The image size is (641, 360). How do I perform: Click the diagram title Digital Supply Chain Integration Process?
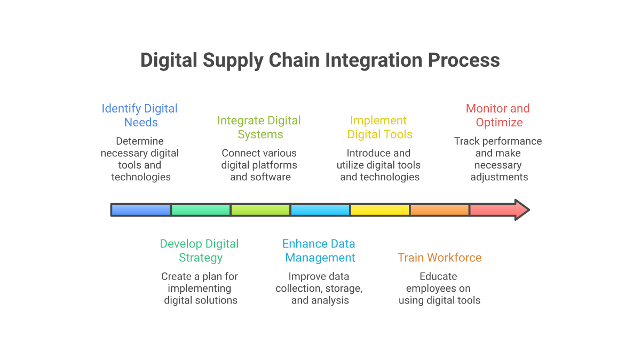(x=320, y=60)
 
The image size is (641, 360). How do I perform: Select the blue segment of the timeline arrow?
(x=141, y=210)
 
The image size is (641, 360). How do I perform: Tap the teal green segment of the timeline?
(x=201, y=210)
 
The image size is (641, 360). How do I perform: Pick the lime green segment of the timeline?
(x=261, y=210)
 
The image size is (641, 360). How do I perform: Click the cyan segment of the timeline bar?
(x=321, y=210)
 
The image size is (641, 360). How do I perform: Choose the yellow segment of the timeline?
(x=381, y=210)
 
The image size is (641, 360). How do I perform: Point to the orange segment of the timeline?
(x=440, y=210)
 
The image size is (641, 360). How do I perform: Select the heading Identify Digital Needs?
(x=140, y=115)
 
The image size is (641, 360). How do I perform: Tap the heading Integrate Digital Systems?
(x=259, y=127)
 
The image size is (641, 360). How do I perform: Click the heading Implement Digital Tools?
(x=379, y=127)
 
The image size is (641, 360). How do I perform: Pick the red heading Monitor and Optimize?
(x=498, y=115)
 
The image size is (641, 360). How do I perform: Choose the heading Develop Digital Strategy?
(x=200, y=251)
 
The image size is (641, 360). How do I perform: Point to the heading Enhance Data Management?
(x=319, y=251)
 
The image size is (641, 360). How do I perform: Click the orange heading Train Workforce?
(x=439, y=258)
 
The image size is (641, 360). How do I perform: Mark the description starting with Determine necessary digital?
(x=140, y=159)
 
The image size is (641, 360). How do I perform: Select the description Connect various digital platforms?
(x=260, y=165)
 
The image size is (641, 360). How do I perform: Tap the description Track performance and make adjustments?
(x=498, y=159)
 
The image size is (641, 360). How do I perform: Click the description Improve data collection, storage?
(x=319, y=288)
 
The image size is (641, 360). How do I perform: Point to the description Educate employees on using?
(x=439, y=288)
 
